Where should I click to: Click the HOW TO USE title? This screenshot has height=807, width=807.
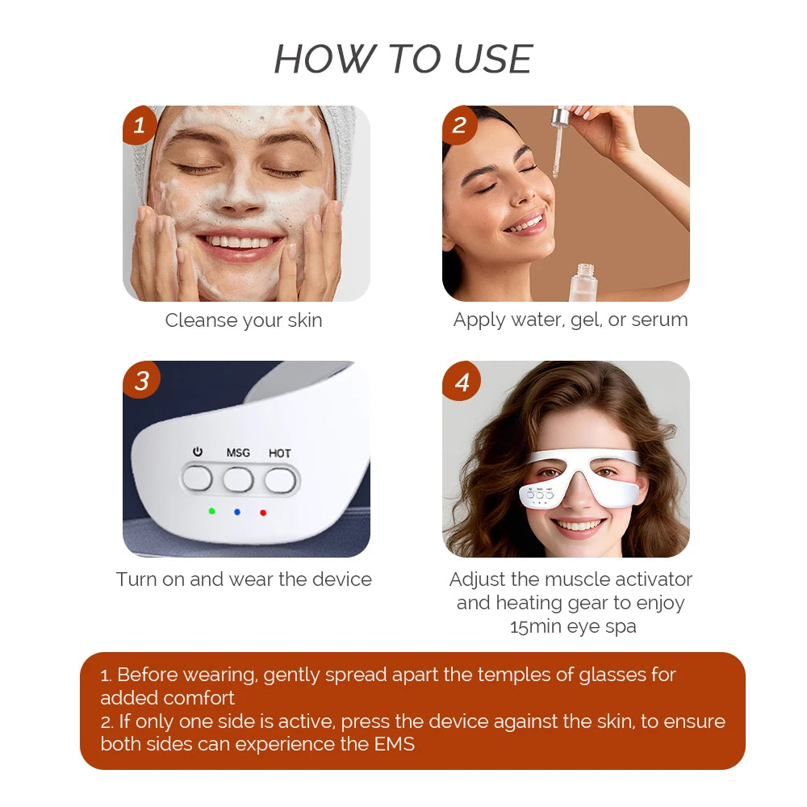pos(403,59)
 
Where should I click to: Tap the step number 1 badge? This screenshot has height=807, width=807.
pos(140,125)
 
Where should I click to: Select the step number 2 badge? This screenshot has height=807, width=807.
pos(460,125)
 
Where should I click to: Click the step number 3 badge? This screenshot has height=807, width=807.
pos(141,380)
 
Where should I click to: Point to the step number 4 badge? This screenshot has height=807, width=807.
pos(462,382)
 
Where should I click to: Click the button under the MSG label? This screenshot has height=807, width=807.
pos(238,479)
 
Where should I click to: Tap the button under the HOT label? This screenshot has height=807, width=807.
pos(280,479)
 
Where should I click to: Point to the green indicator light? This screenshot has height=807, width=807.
pos(212,511)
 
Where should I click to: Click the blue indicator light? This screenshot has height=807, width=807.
pos(237,511)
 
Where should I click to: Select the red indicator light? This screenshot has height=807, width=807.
pos(263,511)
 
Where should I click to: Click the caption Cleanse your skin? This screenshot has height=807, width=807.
pos(244,320)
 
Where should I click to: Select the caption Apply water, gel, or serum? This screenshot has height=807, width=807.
pos(571,320)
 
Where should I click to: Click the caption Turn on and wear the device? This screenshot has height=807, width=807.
pos(244,579)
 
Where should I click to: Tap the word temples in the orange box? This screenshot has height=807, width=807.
pos(483,675)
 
